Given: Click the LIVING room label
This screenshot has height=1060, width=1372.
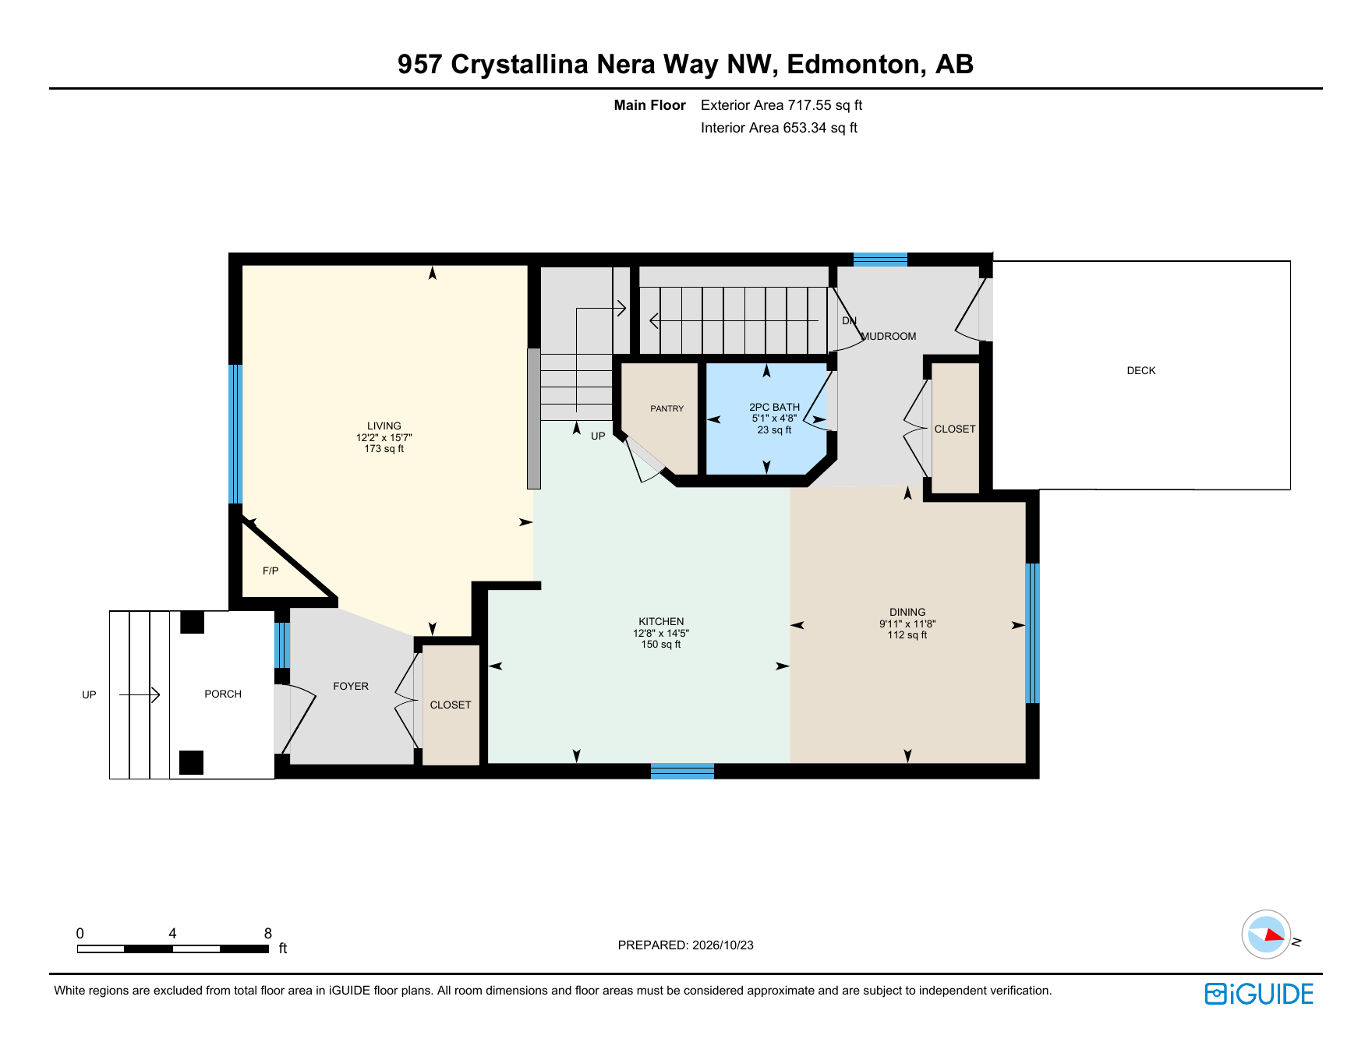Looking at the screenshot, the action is [x=384, y=426].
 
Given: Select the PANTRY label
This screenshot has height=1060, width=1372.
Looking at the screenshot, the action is [x=667, y=408].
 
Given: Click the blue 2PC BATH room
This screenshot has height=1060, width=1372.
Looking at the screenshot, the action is [x=766, y=419].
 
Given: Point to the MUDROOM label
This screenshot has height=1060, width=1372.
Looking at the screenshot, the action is [x=889, y=337].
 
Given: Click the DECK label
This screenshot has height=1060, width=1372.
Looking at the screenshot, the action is [x=1141, y=371].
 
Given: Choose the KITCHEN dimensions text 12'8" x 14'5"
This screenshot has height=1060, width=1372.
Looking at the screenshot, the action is [x=661, y=634].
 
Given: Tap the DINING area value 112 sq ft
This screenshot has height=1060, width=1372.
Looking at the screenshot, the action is [x=907, y=635].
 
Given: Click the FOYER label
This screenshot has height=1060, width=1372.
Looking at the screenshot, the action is [x=351, y=687].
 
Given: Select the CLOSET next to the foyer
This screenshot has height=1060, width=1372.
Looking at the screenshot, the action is [x=451, y=705].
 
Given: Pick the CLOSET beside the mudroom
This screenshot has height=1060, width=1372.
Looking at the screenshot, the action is [x=955, y=429].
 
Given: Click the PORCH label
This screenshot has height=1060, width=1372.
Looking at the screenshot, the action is [x=223, y=694].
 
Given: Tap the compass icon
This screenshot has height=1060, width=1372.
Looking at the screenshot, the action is [x=1266, y=934].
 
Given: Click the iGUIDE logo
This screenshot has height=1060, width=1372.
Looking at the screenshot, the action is [x=1259, y=994].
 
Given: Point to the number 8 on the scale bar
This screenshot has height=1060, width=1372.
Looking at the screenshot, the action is [x=268, y=934].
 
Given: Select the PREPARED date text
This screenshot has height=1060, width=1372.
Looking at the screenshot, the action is [x=686, y=945].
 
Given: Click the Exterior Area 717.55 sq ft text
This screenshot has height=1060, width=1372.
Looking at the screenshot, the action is [x=781, y=105].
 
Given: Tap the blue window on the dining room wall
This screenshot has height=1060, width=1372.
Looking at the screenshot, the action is [x=1032, y=633].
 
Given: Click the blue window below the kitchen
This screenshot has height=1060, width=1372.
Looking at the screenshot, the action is [x=682, y=772].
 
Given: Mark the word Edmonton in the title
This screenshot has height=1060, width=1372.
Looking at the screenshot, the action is [x=853, y=64].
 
